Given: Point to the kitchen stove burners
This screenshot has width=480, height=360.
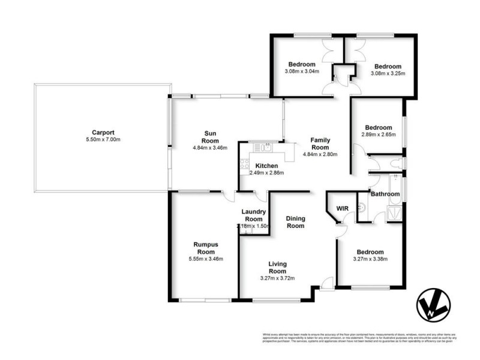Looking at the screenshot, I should (x=245, y=163).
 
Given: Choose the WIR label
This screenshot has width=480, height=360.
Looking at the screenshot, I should (x=342, y=208).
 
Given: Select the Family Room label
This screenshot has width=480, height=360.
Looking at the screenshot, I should (x=320, y=143).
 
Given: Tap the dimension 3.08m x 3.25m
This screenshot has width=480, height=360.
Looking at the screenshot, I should (x=388, y=74).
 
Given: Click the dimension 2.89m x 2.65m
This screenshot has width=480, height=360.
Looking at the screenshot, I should (x=379, y=135).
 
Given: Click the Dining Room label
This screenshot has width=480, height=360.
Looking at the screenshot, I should (x=295, y=222).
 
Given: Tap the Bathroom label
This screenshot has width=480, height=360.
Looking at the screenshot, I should (x=385, y=194).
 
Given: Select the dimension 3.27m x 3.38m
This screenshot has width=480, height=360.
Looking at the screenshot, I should (x=370, y=259).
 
